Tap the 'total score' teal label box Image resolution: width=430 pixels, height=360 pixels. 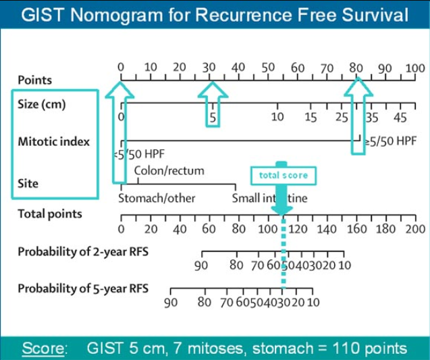283,175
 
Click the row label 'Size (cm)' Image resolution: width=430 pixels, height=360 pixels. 42,105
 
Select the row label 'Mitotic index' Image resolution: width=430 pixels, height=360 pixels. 54,142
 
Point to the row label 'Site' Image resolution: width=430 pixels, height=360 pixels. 28,183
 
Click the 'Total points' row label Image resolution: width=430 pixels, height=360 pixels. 50,214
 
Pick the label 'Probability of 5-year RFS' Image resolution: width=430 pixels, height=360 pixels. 83,288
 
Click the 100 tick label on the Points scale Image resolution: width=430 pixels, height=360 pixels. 415,68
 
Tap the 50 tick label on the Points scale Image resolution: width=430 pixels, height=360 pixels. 268,68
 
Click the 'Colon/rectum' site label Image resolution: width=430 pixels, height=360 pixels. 169,171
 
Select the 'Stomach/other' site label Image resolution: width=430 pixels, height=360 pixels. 157,199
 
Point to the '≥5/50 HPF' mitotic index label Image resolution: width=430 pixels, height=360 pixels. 390,141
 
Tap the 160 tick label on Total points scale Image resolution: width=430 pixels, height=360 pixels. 356,229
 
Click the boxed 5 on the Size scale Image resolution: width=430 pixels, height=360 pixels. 212,117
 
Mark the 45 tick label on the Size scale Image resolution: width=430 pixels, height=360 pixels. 400,118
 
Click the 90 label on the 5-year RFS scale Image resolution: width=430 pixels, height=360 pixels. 171,303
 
